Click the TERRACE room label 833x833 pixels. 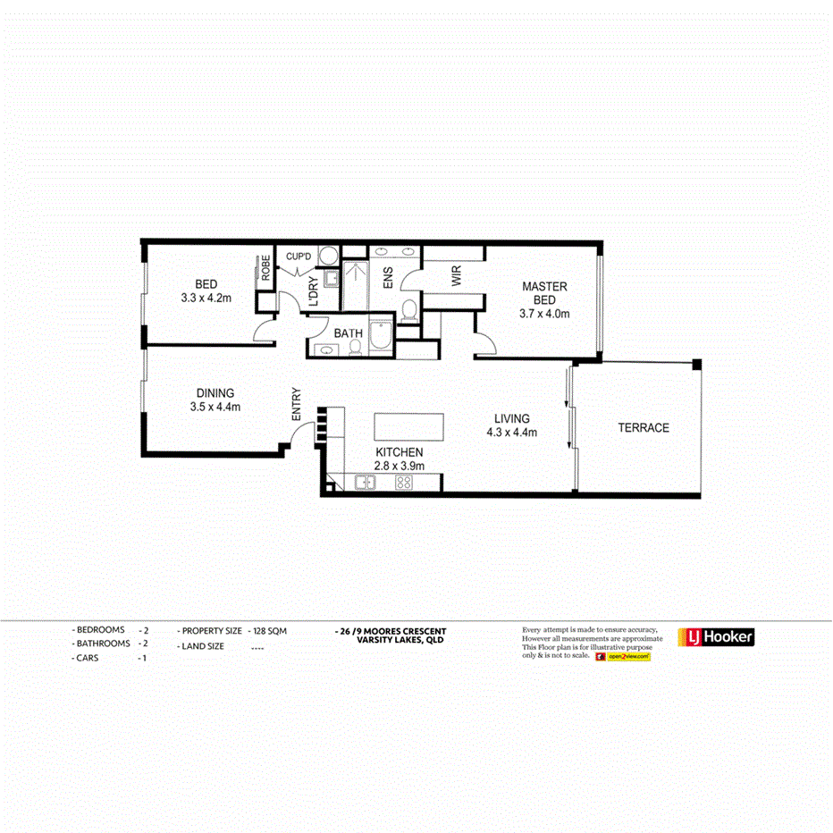(x=643, y=428)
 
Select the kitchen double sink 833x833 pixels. (x=365, y=484)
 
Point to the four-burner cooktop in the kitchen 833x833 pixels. (x=403, y=484)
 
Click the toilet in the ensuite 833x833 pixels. (x=408, y=310)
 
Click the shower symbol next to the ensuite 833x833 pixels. (x=355, y=278)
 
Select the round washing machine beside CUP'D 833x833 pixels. (x=327, y=256)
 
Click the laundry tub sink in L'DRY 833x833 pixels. (x=331, y=279)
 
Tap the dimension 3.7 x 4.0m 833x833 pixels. (x=544, y=314)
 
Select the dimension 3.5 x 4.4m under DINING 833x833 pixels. (x=215, y=407)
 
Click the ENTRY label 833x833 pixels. (x=297, y=404)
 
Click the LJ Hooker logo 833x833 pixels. (x=717, y=636)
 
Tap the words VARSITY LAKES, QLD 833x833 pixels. (x=400, y=640)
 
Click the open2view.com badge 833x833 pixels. (x=628, y=657)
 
